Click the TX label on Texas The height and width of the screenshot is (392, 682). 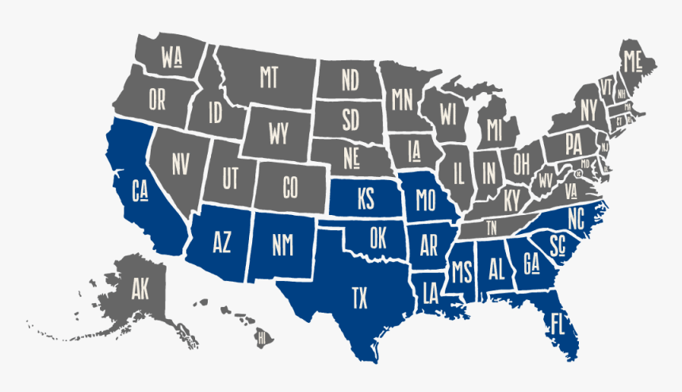coord(359,298)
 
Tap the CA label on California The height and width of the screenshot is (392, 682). coord(140,190)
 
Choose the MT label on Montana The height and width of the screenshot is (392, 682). coord(268,77)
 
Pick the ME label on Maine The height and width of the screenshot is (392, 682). coord(632,60)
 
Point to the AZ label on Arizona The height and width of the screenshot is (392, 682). coord(221,242)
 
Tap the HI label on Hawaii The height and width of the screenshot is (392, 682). coord(260,339)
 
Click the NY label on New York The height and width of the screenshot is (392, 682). coord(588,109)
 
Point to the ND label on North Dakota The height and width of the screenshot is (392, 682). coord(350,79)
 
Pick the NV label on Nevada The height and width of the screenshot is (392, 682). coord(181,163)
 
